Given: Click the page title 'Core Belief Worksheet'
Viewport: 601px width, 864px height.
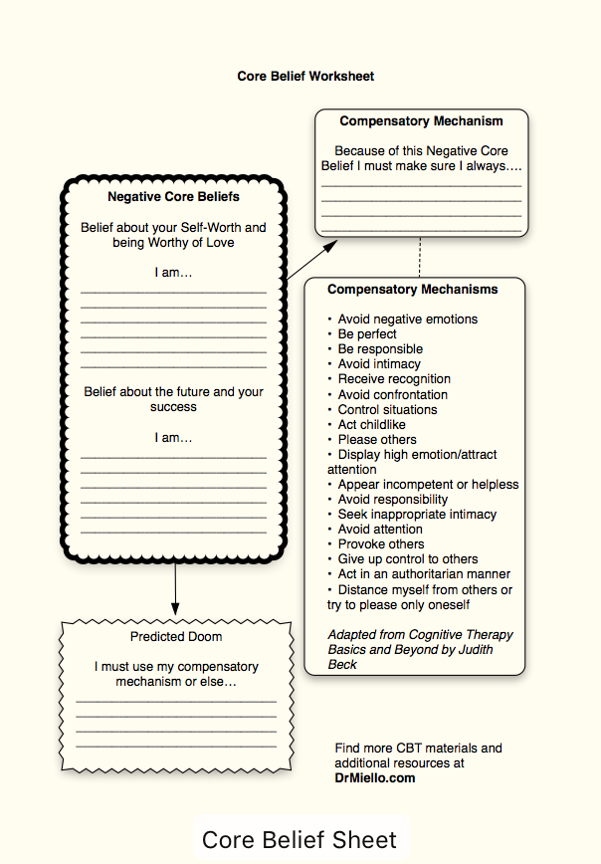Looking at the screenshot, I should tap(305, 76).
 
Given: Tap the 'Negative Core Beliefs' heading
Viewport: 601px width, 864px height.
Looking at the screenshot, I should tap(173, 197).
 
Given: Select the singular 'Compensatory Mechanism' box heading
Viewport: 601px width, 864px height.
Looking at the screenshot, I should tap(421, 121).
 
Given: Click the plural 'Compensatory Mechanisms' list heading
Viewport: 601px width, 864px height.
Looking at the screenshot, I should tap(413, 290).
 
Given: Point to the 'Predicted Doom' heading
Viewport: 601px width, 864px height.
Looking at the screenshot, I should tap(176, 637).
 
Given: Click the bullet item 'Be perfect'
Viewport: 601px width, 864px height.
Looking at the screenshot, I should tap(367, 334).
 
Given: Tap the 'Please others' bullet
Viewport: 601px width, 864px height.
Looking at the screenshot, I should tap(377, 439).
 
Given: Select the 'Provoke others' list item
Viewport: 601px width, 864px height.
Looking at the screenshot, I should tap(380, 544).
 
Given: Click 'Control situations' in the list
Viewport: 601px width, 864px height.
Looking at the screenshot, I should tap(387, 409).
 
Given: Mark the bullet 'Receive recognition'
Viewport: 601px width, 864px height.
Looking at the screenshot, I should tap(394, 379).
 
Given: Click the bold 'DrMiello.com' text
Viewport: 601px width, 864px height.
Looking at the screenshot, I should tap(375, 778).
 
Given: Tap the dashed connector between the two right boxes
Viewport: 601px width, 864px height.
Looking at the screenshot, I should tap(421, 257).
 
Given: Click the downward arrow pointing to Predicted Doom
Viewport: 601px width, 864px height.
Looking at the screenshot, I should tap(175, 588).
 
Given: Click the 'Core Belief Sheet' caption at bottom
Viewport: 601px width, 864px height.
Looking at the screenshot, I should tap(300, 840).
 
